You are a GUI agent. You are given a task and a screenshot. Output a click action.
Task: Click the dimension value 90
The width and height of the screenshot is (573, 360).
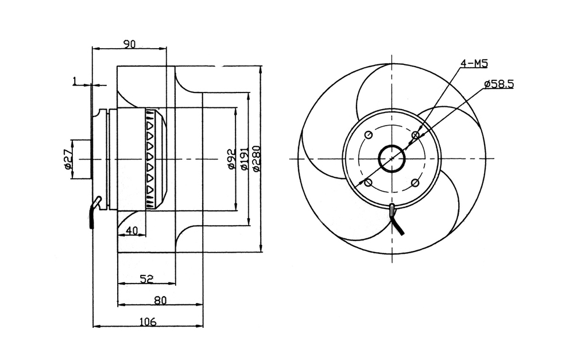(129, 44)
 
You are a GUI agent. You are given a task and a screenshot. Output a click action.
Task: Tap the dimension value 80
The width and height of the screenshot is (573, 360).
(160, 300)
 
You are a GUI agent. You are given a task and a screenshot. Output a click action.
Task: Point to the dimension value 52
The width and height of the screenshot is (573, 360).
(146, 279)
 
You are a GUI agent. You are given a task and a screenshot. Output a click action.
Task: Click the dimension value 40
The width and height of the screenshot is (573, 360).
(131, 230)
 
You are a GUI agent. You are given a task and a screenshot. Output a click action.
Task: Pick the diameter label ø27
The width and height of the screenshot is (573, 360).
(67, 159)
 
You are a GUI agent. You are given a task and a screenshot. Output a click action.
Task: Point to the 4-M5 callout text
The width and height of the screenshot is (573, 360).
(474, 63)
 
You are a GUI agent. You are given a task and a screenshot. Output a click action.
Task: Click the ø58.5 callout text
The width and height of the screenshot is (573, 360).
(498, 84)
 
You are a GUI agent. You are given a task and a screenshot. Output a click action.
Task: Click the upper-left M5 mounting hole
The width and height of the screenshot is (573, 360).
(369, 135)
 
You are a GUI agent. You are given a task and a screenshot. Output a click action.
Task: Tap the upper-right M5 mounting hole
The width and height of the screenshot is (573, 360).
(415, 136)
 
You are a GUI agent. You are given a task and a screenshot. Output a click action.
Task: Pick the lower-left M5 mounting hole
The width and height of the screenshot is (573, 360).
(369, 183)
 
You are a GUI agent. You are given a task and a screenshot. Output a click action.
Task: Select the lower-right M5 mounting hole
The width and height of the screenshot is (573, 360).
(415, 183)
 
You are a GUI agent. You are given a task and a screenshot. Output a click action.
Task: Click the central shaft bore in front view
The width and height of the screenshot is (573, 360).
(392, 158)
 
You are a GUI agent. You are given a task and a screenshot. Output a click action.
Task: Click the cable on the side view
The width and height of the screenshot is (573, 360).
(94, 214)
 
